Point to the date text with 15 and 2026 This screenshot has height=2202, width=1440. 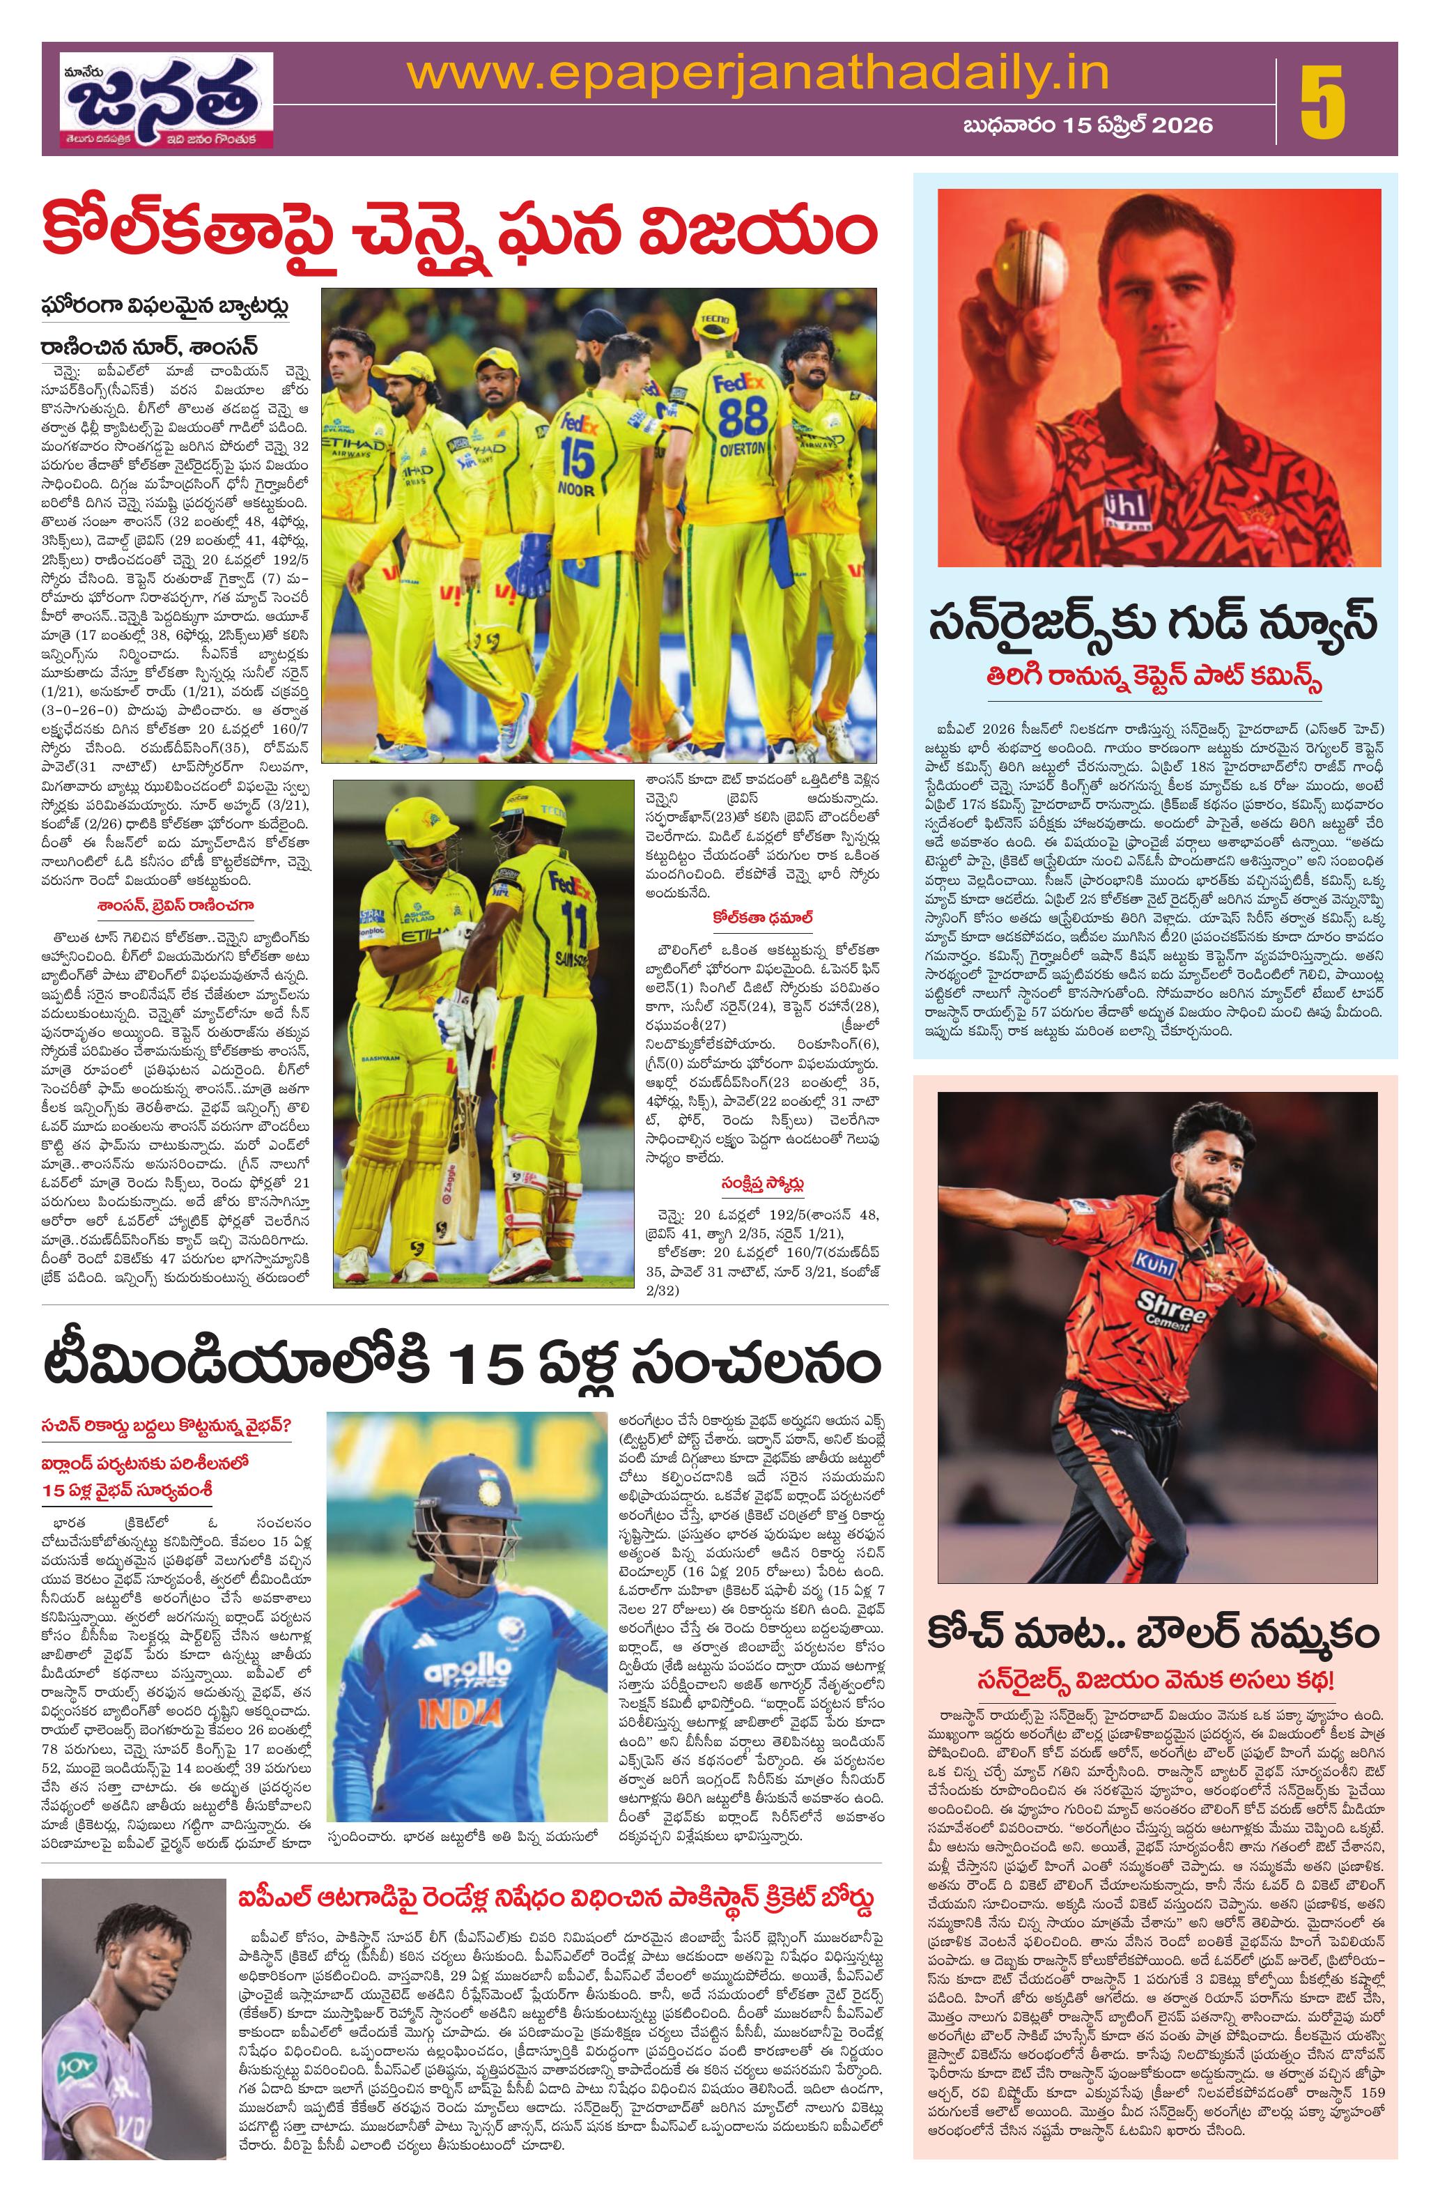pyautogui.click(x=1087, y=125)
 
